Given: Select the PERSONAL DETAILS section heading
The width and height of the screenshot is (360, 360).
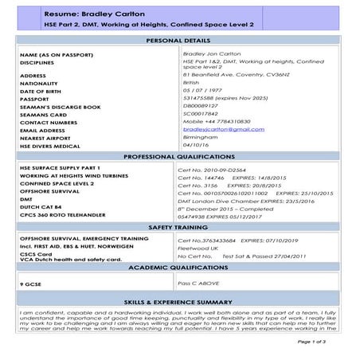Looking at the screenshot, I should [x=180, y=40].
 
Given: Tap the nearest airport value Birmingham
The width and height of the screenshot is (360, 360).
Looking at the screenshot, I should [x=202, y=136].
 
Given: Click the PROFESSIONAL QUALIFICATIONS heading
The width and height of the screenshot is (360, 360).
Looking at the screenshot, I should [x=180, y=157].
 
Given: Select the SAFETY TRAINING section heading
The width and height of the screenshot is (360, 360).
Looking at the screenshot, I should [x=180, y=228].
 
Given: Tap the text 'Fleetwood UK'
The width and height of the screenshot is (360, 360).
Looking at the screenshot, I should [x=202, y=248].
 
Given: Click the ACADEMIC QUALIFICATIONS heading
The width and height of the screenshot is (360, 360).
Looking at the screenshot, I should [x=180, y=269].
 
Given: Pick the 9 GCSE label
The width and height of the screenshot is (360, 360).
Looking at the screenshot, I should [x=31, y=284].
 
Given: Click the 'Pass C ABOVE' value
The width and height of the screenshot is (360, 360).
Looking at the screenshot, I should [x=199, y=283].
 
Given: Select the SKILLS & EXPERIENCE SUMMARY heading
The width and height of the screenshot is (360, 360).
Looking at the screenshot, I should [x=180, y=303].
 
